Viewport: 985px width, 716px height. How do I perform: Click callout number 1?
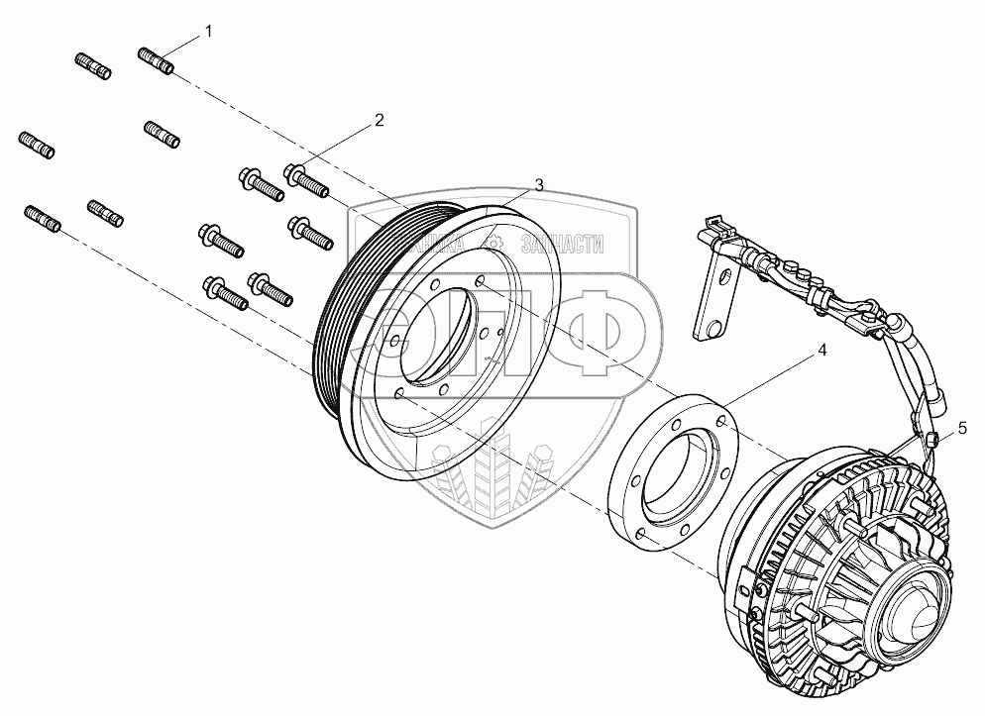coord(208,32)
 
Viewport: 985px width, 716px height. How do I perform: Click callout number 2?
coord(379,121)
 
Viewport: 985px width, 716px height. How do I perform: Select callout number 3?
coord(539,185)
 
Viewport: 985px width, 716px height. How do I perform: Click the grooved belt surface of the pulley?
coord(338,297)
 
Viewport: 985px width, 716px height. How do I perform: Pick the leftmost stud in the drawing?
coord(36,145)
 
